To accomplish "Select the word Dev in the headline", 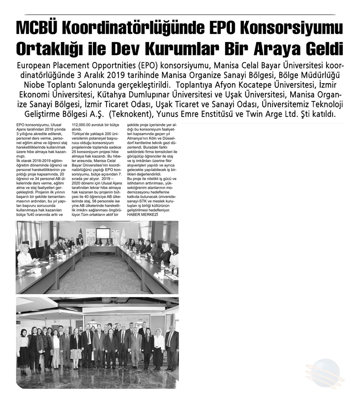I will point(141,47).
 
